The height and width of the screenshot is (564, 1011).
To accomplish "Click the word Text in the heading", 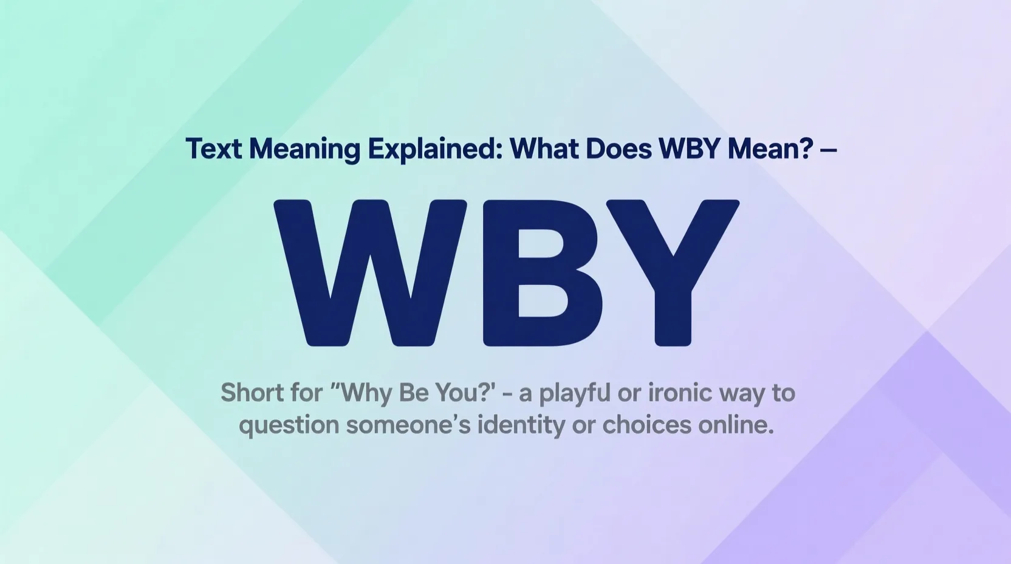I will (x=213, y=149).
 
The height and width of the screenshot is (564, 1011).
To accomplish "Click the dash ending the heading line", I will (x=828, y=150).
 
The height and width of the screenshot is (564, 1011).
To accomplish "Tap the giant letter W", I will (x=371, y=273).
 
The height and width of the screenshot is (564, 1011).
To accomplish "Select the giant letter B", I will (x=543, y=273).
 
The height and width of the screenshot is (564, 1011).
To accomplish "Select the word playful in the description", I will (x=574, y=394).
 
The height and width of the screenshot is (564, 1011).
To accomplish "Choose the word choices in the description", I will (x=646, y=425).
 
